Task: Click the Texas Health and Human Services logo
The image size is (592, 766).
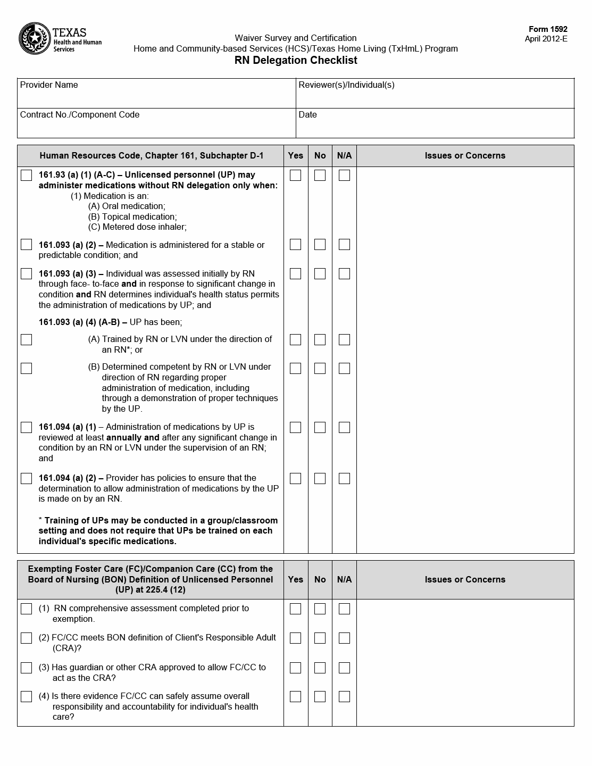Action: click(x=60, y=39)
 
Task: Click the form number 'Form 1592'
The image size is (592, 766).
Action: click(x=548, y=29)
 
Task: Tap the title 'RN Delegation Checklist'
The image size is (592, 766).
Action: click(x=296, y=60)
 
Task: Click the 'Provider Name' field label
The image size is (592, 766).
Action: click(x=49, y=85)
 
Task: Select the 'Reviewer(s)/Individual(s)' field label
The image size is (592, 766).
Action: click(x=346, y=85)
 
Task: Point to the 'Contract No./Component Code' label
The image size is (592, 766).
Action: click(x=80, y=115)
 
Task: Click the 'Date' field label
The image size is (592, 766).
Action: click(x=307, y=115)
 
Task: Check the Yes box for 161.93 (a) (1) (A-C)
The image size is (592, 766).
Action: click(x=295, y=175)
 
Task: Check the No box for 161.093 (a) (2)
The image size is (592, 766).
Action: click(x=320, y=245)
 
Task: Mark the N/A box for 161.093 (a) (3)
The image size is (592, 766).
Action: click(x=344, y=273)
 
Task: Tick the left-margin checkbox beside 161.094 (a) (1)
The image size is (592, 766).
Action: click(x=26, y=427)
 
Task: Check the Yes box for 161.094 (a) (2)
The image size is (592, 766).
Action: click(x=295, y=478)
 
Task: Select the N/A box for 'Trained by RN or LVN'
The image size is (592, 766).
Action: click(x=344, y=339)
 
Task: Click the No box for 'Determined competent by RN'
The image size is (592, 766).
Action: click(x=320, y=368)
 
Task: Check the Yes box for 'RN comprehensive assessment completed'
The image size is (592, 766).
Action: click(x=295, y=609)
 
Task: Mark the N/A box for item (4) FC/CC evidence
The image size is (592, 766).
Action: click(x=344, y=696)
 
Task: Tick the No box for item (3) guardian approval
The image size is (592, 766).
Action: click(x=320, y=668)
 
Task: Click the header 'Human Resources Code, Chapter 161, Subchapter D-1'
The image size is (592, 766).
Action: click(x=151, y=156)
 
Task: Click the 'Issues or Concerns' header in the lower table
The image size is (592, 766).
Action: click(x=465, y=580)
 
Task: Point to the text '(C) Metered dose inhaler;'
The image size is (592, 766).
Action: click(x=137, y=227)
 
